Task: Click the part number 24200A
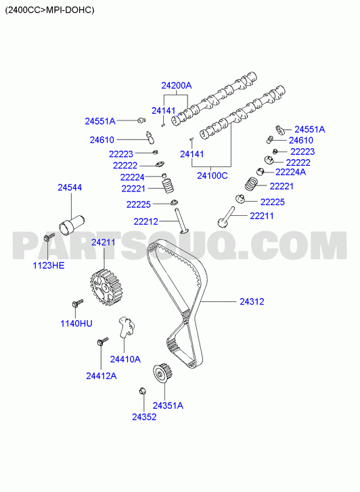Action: (x=177, y=85)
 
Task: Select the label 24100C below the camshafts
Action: (x=212, y=175)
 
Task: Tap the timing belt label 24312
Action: (x=252, y=302)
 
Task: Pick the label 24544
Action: (x=70, y=187)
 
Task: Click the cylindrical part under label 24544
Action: (x=72, y=224)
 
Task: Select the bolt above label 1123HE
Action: (x=49, y=236)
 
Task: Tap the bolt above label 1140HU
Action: (x=78, y=303)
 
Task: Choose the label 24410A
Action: (x=125, y=359)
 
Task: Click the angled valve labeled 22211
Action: (x=226, y=217)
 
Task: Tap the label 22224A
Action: (x=290, y=172)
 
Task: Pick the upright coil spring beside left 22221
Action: (x=168, y=185)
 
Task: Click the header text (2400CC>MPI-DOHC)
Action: (x=49, y=10)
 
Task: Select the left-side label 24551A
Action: (x=100, y=121)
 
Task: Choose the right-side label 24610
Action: (x=301, y=140)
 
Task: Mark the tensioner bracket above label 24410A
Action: (x=126, y=326)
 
